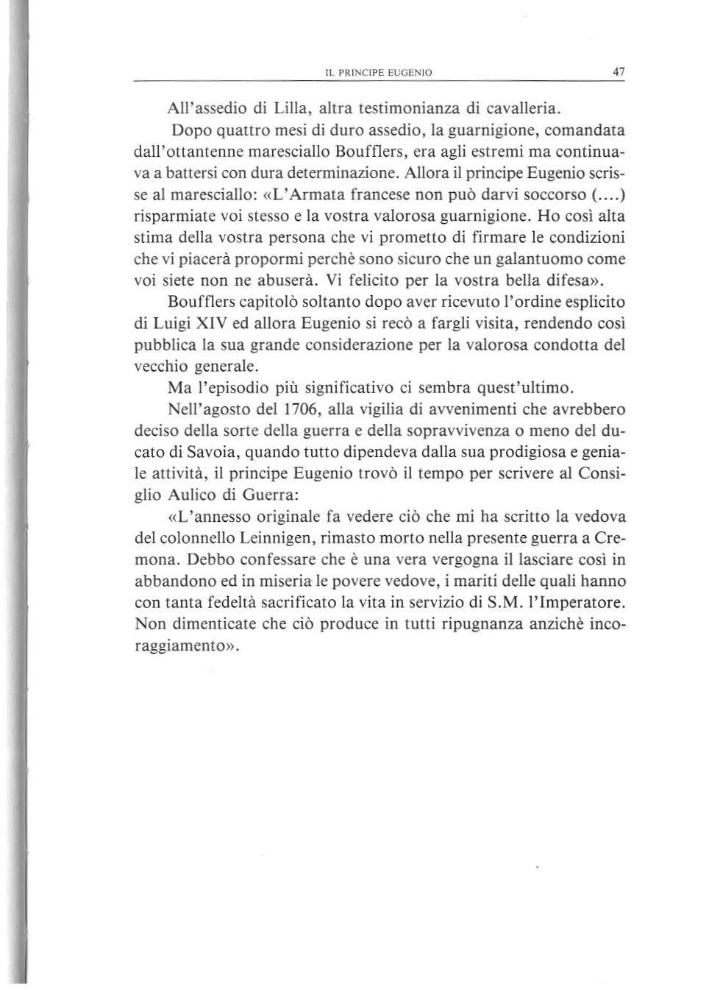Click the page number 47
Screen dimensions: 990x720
618,72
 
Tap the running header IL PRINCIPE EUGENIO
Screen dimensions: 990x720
378,73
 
